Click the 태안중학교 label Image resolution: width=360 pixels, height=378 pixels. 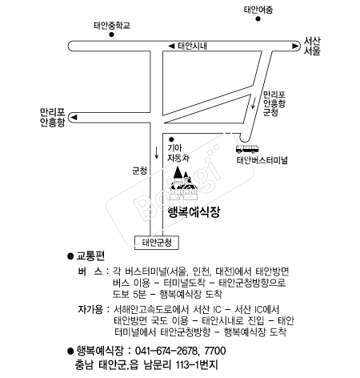click(x=112, y=26)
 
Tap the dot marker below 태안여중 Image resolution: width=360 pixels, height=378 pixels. click(x=258, y=18)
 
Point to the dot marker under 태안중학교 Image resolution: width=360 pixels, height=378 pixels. click(x=112, y=34)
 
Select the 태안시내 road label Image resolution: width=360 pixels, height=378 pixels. click(x=192, y=46)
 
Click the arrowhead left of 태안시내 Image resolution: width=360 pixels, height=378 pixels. click(x=171, y=46)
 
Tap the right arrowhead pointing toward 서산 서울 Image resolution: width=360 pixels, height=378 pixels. click(x=295, y=46)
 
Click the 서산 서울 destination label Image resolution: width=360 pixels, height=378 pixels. click(x=312, y=46)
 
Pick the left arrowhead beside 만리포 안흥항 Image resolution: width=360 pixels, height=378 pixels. click(x=74, y=117)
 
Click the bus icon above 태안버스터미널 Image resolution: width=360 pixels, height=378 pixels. click(x=247, y=149)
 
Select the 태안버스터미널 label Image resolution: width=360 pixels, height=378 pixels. click(x=262, y=160)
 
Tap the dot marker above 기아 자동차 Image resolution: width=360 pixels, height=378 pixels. click(x=171, y=139)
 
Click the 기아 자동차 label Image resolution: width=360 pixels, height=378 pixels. click(x=178, y=153)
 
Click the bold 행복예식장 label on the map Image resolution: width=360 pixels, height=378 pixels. click(x=194, y=212)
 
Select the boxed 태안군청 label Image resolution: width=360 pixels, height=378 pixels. click(x=157, y=243)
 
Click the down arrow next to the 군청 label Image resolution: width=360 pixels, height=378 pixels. click(x=157, y=153)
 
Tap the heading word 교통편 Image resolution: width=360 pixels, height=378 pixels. click(x=90, y=255)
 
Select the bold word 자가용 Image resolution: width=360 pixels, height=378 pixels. click(x=90, y=309)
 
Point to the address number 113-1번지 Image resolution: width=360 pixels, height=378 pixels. click(x=197, y=365)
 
